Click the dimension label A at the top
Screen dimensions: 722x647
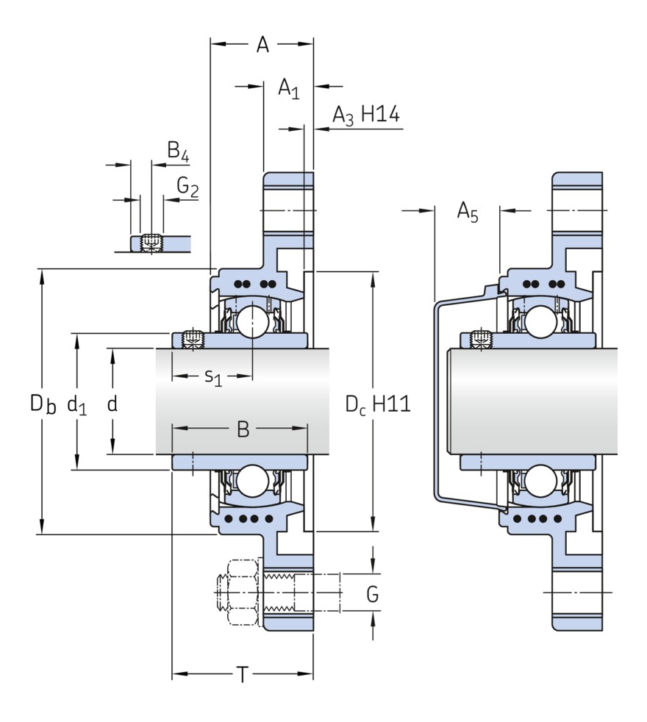point(262,45)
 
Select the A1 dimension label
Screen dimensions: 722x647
point(288,88)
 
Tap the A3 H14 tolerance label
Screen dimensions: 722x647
point(365,115)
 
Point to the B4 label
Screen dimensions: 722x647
point(177,151)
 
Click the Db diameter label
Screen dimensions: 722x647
point(43,404)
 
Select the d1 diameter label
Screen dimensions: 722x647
point(76,404)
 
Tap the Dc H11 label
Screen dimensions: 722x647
point(377,404)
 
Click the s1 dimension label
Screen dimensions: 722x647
point(212,377)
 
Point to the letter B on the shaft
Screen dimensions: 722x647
point(243,429)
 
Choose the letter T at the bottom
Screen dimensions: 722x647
point(243,674)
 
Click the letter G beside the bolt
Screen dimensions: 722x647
point(373,593)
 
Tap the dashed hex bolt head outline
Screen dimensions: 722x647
point(237,593)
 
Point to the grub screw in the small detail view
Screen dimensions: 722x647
point(151,241)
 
